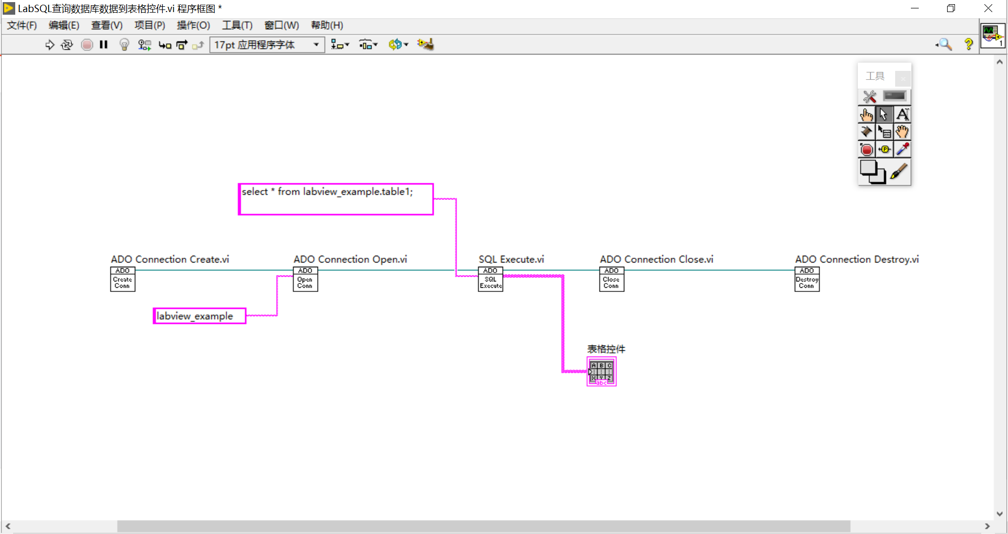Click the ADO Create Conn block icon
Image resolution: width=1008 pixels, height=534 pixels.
[122, 279]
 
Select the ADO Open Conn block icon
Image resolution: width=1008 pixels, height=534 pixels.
[305, 279]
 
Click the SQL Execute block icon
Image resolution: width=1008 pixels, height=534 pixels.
[490, 279]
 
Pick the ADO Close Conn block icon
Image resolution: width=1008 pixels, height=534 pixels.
[612, 279]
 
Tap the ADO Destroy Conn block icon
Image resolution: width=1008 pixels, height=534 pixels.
[807, 279]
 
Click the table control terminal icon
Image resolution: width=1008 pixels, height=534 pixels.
[601, 372]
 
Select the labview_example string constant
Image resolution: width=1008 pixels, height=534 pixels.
[199, 316]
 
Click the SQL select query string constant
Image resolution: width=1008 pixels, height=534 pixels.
[335, 199]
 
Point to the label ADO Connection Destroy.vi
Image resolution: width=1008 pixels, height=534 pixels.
[856, 259]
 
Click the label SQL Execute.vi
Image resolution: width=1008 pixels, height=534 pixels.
[511, 259]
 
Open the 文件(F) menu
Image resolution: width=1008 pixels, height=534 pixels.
[22, 25]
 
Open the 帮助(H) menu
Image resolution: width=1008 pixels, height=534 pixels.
[327, 25]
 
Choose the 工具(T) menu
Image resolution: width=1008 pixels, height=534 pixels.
[237, 25]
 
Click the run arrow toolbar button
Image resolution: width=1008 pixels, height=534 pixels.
[50, 45]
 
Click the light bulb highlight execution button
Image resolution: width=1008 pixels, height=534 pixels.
[124, 45]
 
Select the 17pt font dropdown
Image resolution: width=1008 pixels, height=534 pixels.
[267, 45]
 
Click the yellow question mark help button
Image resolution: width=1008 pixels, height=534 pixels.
[969, 45]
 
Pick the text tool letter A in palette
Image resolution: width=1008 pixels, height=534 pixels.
[902, 114]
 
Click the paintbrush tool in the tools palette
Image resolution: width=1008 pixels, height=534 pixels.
[899, 172]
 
